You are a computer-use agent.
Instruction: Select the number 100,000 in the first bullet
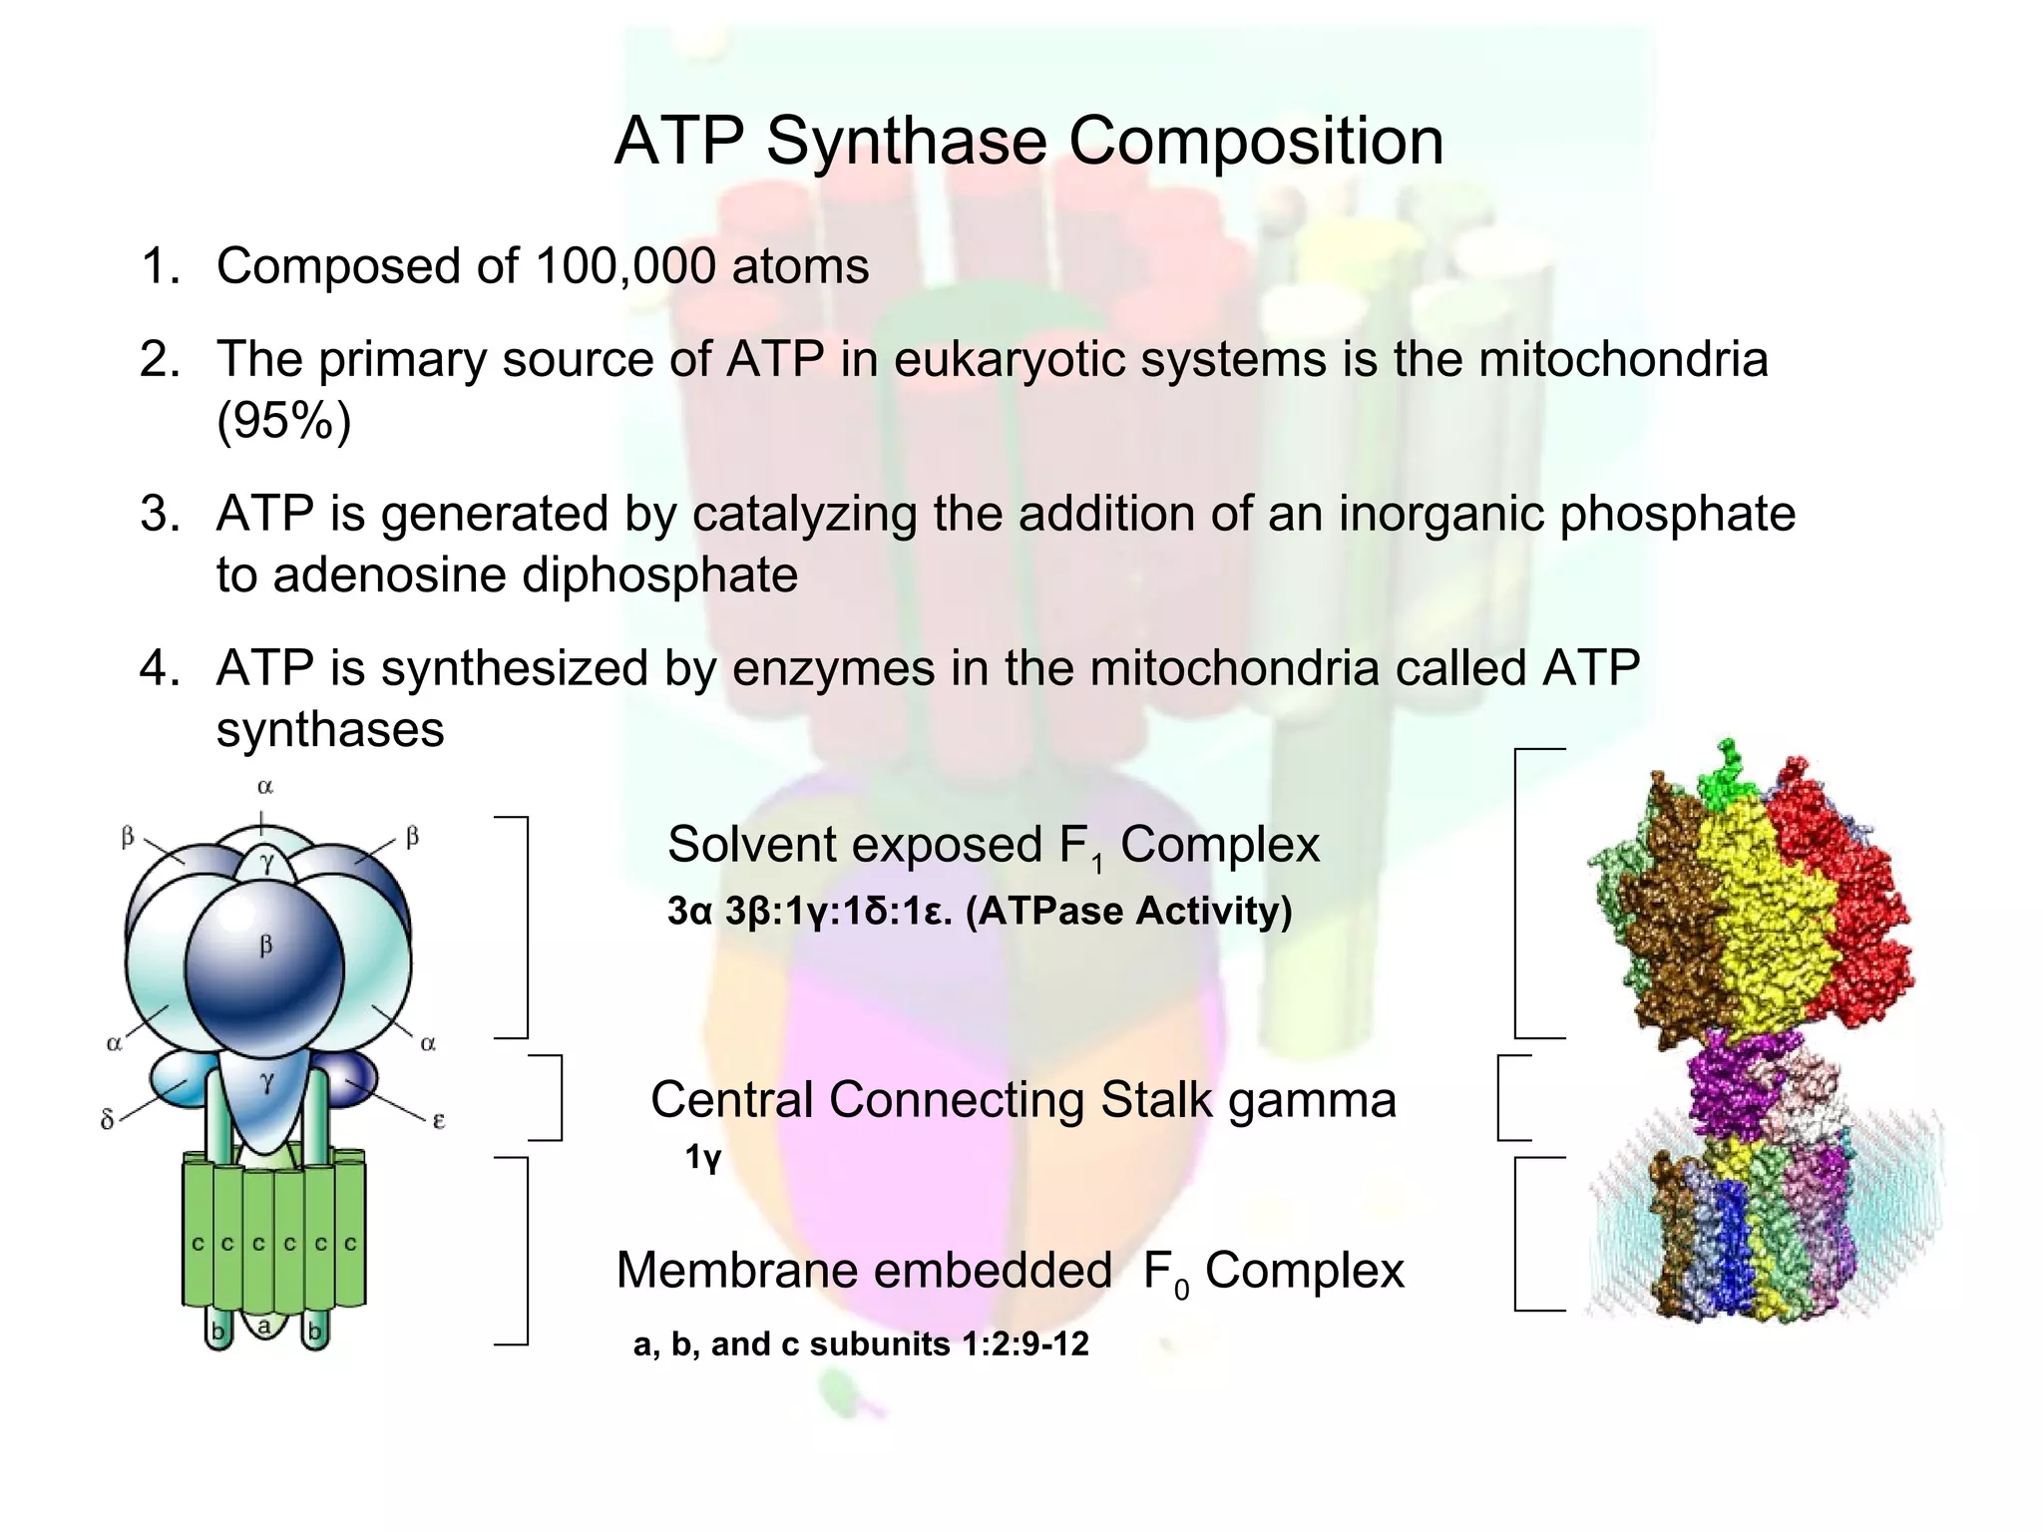624,266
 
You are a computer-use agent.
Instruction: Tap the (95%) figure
284,421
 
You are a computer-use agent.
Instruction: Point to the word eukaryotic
1010,359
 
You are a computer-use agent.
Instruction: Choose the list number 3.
158,514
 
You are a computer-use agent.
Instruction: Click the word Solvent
752,845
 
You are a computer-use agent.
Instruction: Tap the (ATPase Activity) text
1128,911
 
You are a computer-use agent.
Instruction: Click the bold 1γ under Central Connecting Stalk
702,1158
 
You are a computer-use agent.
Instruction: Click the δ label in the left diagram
108,1120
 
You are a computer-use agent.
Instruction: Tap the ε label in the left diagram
438,1121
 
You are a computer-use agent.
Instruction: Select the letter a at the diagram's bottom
264,1327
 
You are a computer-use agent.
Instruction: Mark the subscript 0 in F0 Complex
1181,1291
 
